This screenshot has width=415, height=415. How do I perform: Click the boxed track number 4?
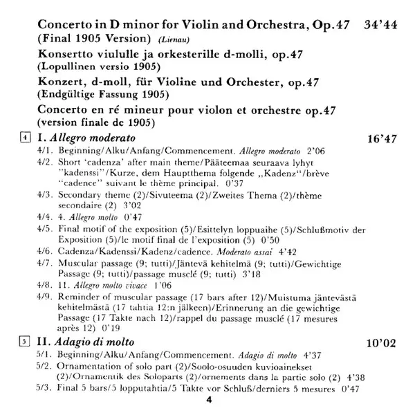(x=25, y=138)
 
